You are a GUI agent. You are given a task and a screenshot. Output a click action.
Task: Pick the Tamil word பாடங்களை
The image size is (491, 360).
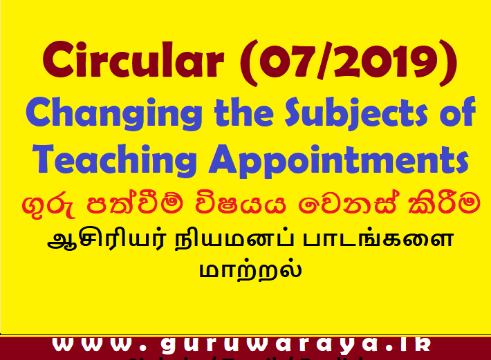coord(378,243)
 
